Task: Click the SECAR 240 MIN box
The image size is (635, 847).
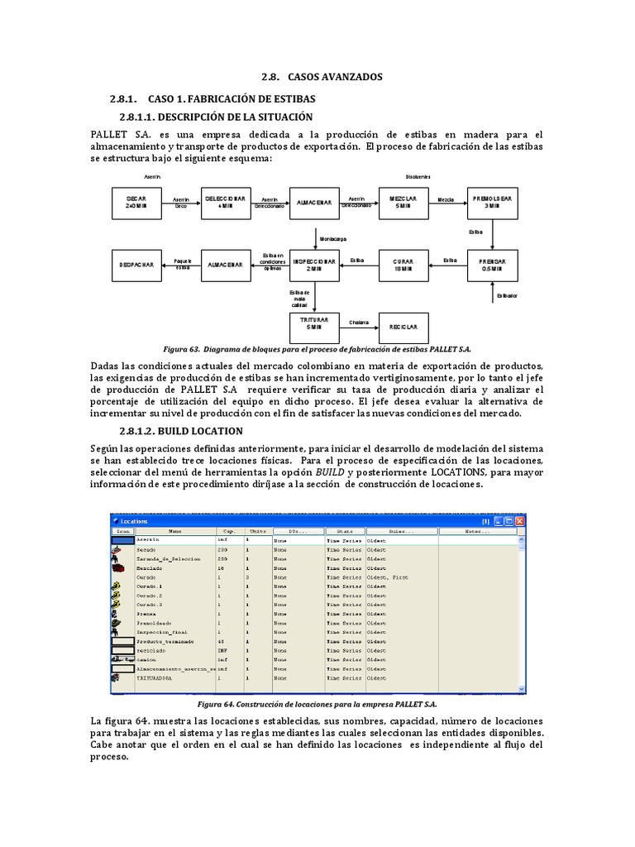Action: [136, 203]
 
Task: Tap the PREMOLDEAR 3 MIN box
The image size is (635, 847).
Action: [492, 203]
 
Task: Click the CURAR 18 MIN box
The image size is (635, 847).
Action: [403, 264]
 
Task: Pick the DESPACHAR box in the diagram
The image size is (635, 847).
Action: [136, 264]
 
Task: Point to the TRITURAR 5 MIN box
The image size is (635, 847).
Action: [314, 322]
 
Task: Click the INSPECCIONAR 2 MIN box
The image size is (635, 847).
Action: [314, 264]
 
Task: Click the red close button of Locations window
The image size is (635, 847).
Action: [520, 522]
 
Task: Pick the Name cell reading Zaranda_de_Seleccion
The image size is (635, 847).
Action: [169, 559]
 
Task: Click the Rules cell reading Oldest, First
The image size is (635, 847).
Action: [389, 577]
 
